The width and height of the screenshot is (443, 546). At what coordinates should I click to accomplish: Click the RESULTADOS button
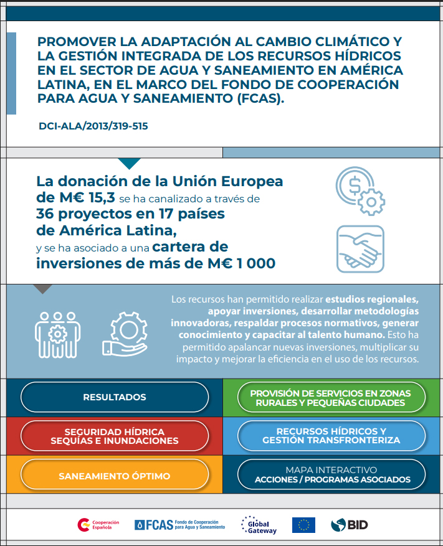tap(115, 397)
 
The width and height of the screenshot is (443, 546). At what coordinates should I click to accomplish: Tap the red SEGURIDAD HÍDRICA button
tap(115, 436)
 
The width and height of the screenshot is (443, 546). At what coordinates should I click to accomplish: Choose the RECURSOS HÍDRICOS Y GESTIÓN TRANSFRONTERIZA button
tap(331, 436)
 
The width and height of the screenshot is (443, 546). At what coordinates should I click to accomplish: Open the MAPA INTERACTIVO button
tap(332, 474)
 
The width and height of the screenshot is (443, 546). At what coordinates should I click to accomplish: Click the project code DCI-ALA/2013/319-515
tap(93, 126)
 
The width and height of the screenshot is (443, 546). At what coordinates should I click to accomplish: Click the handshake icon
tap(360, 248)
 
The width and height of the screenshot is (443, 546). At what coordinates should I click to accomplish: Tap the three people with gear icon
tap(58, 334)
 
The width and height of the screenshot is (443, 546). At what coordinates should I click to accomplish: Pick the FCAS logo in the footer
tap(179, 525)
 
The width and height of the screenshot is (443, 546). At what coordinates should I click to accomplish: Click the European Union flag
tap(303, 525)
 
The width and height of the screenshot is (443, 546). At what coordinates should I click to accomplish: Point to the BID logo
tap(350, 525)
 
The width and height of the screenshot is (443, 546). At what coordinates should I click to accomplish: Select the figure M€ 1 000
tap(244, 263)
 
